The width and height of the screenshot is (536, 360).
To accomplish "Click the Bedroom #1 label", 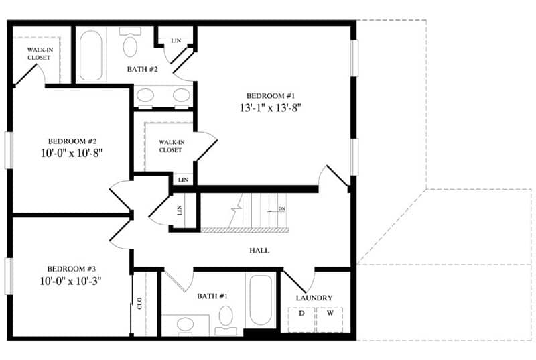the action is coord(271,96).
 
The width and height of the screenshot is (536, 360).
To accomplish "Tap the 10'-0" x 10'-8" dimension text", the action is coord(72,153).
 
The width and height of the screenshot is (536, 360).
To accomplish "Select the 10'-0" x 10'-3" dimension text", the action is coord(70,281).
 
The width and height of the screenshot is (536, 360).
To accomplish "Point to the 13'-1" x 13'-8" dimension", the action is coord(270,108).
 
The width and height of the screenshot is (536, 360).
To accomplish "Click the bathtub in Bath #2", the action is coord(91,56).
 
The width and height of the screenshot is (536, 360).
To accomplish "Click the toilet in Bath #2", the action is coord(130,43).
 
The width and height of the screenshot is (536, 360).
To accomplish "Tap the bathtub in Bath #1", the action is coord(261,300).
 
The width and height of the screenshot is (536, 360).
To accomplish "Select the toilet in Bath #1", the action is coord(226,320).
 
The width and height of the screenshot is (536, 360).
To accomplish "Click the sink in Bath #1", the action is coord(186,323).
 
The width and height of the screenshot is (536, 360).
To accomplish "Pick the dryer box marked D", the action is coord(301,320).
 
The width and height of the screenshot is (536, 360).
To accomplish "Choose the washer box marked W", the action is coord(330,320).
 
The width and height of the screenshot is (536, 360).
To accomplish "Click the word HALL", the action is coord(259,251).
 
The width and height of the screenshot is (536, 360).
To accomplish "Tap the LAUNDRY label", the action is coord(314,298).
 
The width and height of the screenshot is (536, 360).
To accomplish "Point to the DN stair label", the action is coord(281,209).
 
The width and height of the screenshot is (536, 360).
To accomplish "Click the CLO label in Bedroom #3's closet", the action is coord(139,303).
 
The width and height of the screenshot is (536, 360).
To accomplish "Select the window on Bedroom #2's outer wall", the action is coord(9,150).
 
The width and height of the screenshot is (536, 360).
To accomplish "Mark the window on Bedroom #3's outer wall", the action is coord(9,276).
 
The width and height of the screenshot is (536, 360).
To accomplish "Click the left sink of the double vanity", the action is coord(145,95).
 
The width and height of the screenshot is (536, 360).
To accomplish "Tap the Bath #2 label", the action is coord(143,70).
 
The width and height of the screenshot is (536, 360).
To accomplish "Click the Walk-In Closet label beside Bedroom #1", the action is coord(172,146).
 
